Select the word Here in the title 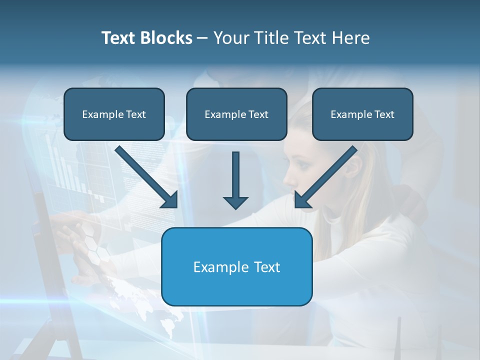coord(351,38)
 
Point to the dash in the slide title coord(202,38)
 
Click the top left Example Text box coord(114,114)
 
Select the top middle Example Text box coord(236,114)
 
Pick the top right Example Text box coord(362,114)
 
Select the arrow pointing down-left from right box coord(325,177)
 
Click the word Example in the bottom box coord(216,267)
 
